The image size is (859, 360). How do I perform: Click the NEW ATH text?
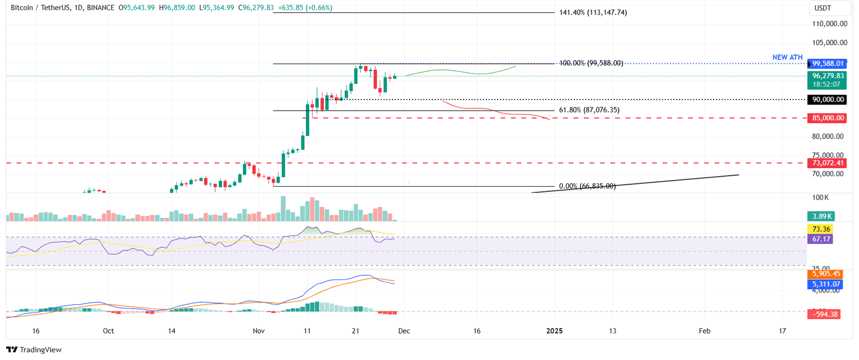tap(788, 57)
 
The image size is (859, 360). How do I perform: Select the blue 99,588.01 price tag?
tap(828, 64)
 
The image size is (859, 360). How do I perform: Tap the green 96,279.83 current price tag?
tap(828, 75)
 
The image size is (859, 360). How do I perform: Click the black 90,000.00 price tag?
tap(828, 100)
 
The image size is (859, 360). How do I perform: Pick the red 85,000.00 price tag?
tap(828, 118)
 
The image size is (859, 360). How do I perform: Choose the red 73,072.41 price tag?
tap(828, 163)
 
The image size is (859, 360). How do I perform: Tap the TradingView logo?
tap(34, 350)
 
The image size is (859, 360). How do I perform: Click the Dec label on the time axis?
tap(404, 331)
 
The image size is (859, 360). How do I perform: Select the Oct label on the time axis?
tap(108, 331)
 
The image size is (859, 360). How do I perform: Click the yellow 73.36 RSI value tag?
tap(820, 229)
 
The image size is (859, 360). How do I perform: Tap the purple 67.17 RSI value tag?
tap(820, 239)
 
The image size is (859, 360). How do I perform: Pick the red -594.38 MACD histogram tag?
tap(825, 315)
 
